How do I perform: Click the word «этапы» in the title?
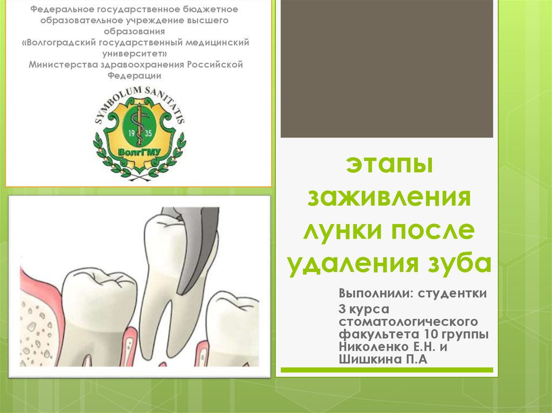389,165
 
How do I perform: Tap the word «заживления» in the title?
389,198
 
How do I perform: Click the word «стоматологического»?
409,322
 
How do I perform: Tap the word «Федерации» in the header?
134,76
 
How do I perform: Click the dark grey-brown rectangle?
387,68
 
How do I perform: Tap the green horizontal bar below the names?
387,370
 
